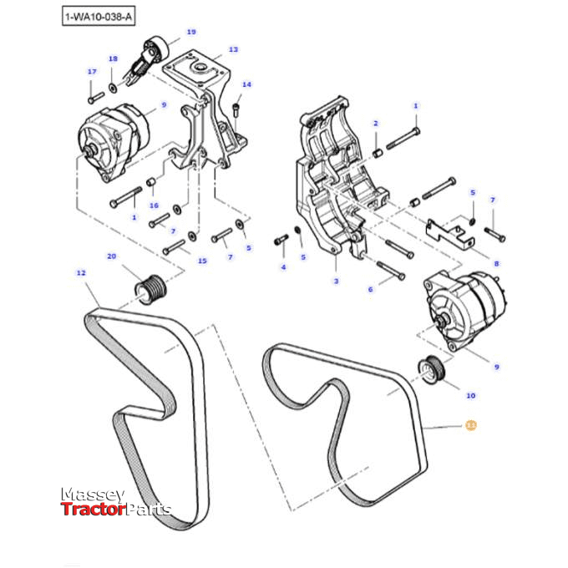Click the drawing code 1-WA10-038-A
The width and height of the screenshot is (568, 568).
(x=99, y=16)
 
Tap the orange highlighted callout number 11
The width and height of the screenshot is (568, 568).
(x=470, y=425)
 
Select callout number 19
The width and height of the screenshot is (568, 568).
(x=191, y=32)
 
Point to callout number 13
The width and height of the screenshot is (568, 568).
(x=233, y=49)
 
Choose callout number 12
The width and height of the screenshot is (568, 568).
(x=81, y=272)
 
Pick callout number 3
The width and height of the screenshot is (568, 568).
(x=336, y=281)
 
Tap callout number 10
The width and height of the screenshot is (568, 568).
(x=470, y=395)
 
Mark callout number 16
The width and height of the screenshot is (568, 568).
(x=154, y=205)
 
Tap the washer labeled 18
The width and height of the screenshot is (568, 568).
(x=113, y=86)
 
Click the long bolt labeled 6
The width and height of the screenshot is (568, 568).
(x=390, y=270)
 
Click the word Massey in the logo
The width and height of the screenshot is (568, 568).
(x=92, y=495)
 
